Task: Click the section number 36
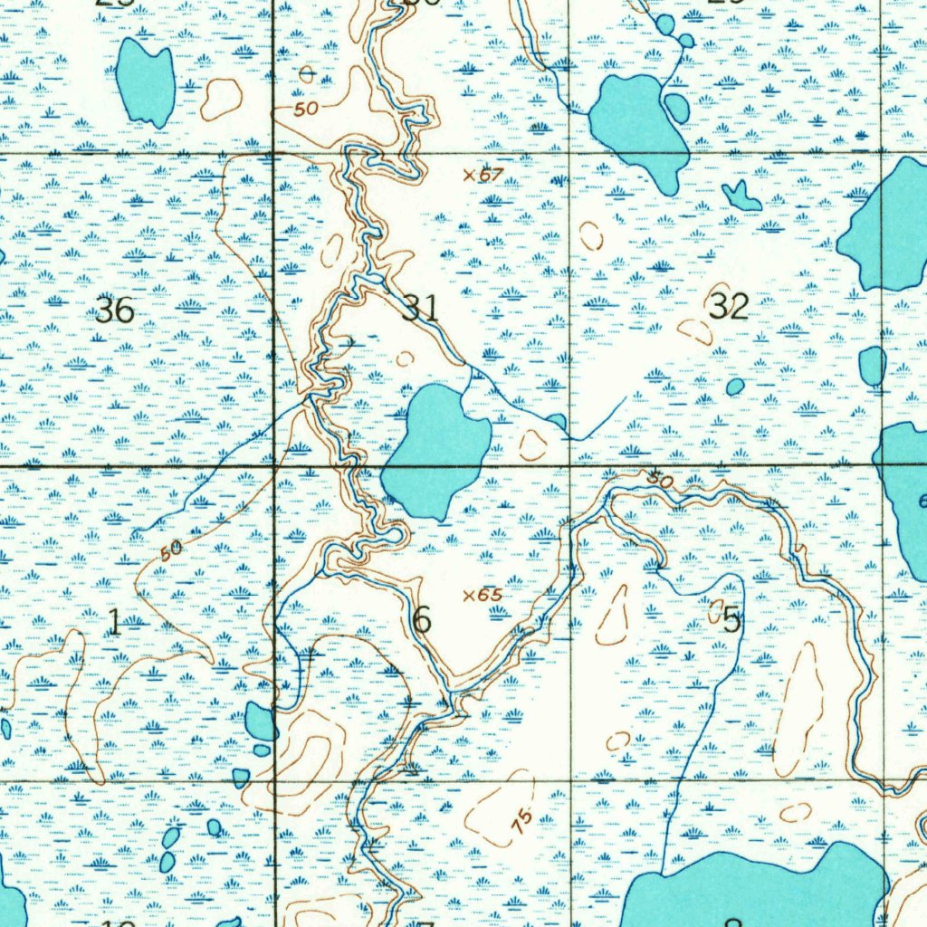[115, 311]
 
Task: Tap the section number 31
[420, 308]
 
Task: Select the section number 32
[729, 306]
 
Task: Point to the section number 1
[114, 622]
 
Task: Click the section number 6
[421, 621]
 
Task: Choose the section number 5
[731, 621]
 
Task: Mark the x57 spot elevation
[483, 174]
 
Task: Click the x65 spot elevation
[483, 595]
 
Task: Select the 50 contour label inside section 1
[170, 549]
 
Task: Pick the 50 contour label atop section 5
[660, 481]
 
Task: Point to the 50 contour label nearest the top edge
[306, 109]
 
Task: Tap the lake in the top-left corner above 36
[146, 81]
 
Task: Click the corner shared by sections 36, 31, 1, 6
[274, 466]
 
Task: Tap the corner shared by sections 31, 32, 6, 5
[569, 466]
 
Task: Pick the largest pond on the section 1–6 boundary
[261, 722]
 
